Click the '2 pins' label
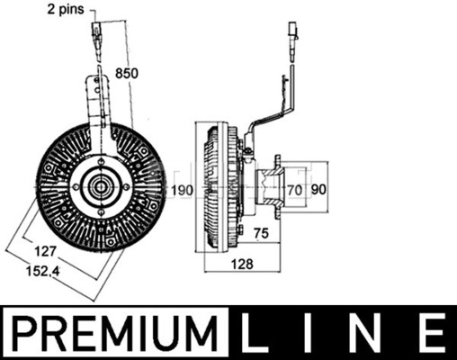(x=66, y=10)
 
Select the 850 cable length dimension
(x=127, y=73)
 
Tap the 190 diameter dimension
(x=182, y=190)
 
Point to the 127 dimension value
(x=46, y=251)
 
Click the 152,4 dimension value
(x=43, y=271)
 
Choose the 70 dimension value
(x=294, y=190)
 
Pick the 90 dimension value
(x=318, y=190)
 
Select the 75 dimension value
(x=261, y=233)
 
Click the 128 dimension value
(x=242, y=264)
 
